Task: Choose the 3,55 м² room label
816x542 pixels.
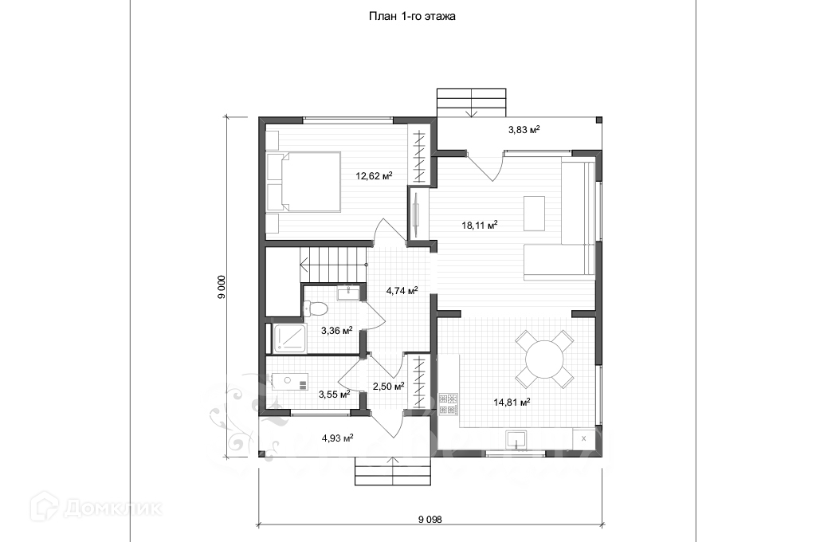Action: [x=334, y=394]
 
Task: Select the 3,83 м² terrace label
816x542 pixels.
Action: [x=524, y=129]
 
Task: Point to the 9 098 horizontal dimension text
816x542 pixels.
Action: [x=429, y=519]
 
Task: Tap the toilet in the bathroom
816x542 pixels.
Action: [x=316, y=308]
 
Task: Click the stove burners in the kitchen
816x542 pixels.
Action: [x=448, y=404]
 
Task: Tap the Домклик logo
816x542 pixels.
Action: [x=96, y=505]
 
